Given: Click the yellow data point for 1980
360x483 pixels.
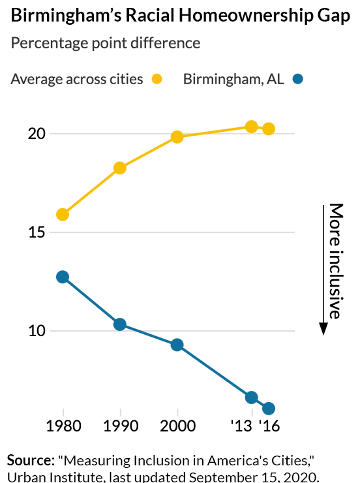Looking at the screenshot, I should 63,214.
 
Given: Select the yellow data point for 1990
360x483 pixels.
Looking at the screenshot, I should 120,168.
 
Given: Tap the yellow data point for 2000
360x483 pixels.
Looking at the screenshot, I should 177,136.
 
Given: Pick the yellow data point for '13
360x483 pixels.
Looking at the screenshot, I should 252,126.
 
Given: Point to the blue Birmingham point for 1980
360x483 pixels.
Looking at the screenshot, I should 63,277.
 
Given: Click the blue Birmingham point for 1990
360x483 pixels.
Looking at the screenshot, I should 120,324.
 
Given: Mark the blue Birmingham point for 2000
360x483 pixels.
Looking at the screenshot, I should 177,345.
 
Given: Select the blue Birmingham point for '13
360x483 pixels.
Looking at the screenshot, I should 252,397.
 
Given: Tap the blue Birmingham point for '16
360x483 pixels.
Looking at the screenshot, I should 268,409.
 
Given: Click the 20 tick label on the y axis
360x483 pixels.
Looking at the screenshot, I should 37,134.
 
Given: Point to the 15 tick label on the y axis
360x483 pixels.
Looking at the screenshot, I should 37,232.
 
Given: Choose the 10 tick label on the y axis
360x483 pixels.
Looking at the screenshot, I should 37,331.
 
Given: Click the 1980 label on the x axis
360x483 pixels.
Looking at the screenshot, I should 63,427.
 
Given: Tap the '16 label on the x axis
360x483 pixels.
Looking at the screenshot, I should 268,427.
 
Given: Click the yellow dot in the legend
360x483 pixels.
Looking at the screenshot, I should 157,80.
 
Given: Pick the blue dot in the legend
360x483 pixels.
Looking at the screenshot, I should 298,80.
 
